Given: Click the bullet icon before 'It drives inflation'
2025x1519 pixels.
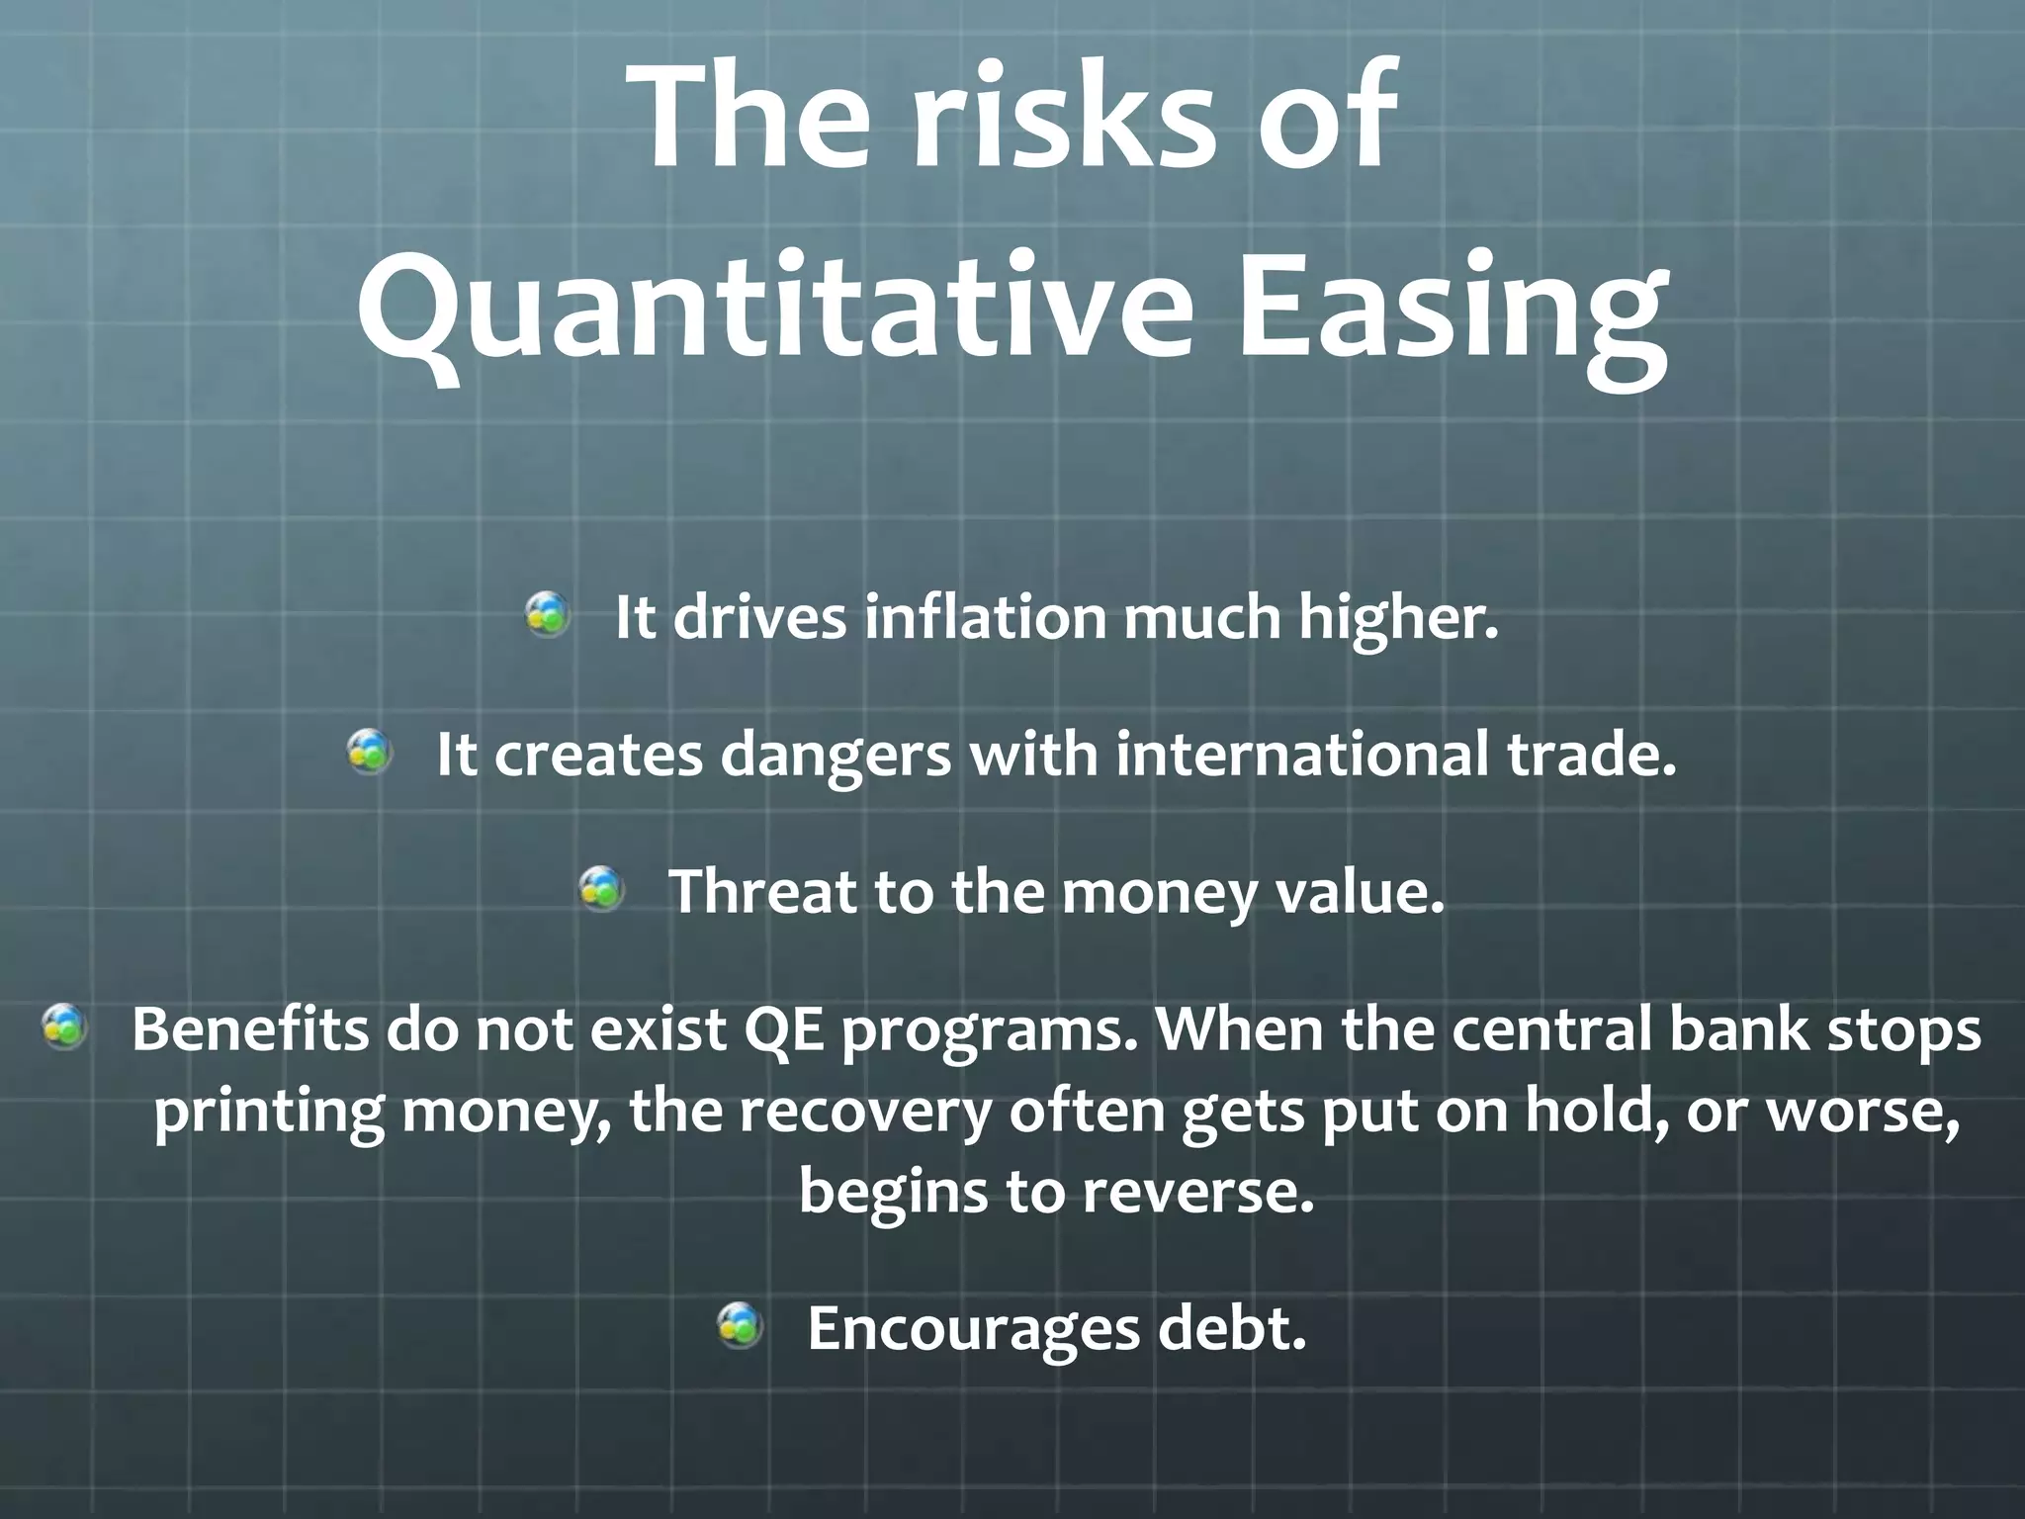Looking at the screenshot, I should [x=547, y=614].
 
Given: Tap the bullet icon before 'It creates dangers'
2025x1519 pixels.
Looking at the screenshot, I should [x=369, y=752].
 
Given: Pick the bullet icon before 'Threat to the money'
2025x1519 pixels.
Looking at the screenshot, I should [x=601, y=888].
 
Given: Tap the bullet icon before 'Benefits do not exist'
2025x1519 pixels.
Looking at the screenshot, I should [x=64, y=1026].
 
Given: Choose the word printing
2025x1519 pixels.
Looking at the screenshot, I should [x=268, y=1112].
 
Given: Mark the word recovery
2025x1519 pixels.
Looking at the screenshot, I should [x=865, y=1112].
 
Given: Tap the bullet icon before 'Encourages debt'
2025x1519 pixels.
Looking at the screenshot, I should [x=740, y=1325].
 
